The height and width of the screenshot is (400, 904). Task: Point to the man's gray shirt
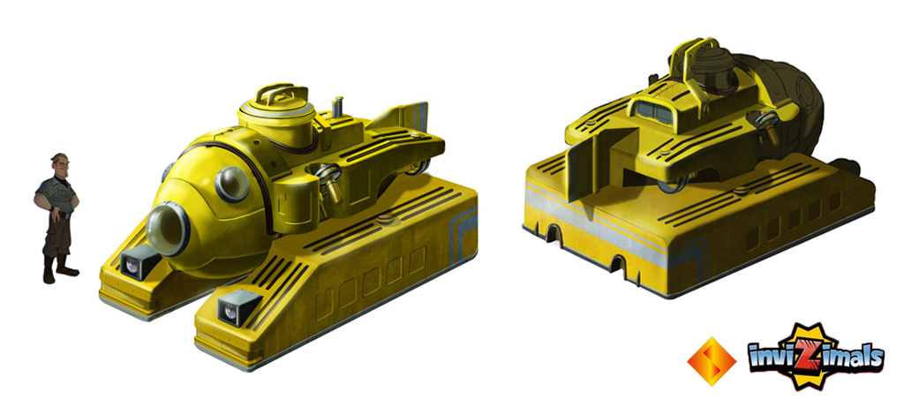point(56,195)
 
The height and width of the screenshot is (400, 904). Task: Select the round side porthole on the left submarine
point(232,184)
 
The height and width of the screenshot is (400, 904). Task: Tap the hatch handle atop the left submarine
point(276,94)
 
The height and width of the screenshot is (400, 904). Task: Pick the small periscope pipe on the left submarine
point(338,106)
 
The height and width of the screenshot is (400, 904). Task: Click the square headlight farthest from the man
point(237,308)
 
